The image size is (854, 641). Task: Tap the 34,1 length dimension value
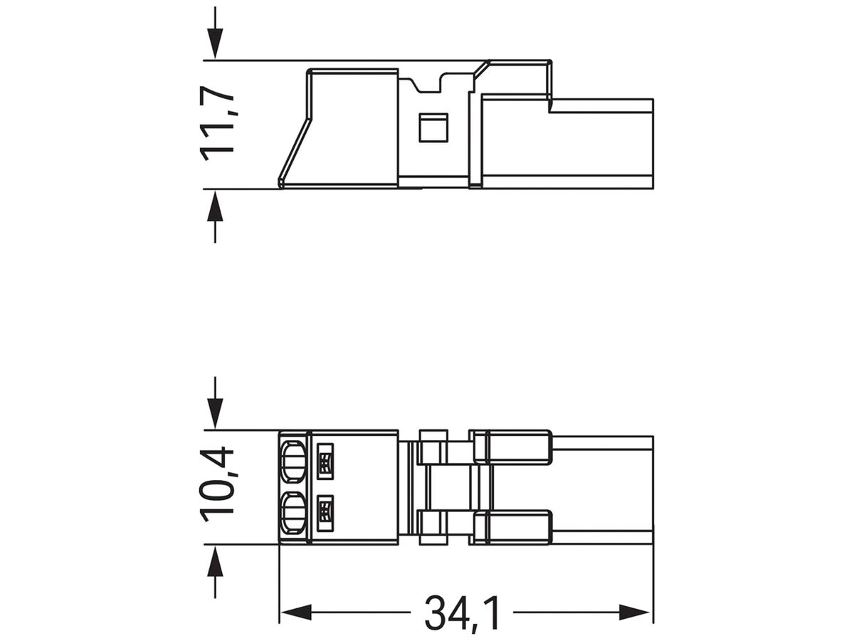[x=463, y=613]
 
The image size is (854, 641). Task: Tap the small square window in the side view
[x=433, y=127]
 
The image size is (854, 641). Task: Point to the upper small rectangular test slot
[x=325, y=461]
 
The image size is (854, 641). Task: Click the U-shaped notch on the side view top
[x=427, y=84]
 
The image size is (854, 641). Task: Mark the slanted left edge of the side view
[x=293, y=151]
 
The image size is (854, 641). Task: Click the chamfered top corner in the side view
[x=482, y=68]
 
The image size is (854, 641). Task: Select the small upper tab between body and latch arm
[x=433, y=436]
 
